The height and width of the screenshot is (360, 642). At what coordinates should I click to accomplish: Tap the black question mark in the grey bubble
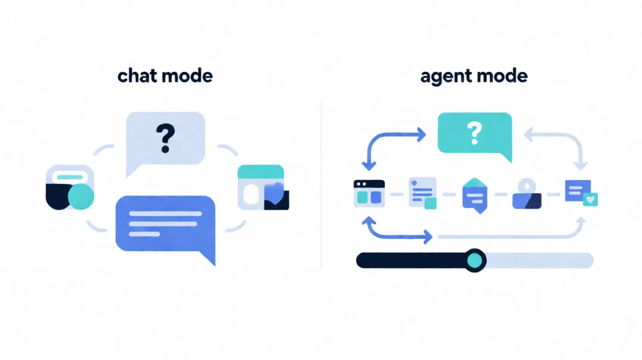click(x=165, y=138)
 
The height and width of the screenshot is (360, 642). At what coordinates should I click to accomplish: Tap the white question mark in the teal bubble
click(x=474, y=133)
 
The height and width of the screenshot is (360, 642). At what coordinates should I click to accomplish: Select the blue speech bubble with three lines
click(x=165, y=228)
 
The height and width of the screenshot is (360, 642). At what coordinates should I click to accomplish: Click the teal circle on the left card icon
click(x=81, y=197)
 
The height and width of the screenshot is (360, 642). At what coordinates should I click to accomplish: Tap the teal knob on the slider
click(x=474, y=261)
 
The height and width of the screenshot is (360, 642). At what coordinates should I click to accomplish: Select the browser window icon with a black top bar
click(x=369, y=193)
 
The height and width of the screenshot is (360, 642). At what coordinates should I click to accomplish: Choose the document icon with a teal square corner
click(x=423, y=193)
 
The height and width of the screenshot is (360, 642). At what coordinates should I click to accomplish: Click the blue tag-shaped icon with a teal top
click(x=474, y=195)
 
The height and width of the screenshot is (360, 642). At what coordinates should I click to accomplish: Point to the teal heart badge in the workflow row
click(x=590, y=200)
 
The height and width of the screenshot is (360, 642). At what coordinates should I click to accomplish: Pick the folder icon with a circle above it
click(x=527, y=194)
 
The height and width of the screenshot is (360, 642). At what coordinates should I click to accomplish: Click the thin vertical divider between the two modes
click(x=321, y=184)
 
